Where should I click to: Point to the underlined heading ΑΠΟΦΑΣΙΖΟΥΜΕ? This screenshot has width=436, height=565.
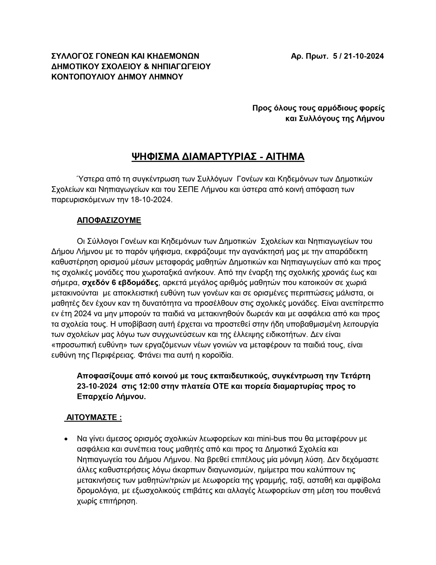[109, 220]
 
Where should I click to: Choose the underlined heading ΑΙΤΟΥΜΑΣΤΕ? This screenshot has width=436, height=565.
[93, 418]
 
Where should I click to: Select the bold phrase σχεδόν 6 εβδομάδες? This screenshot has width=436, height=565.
[120, 283]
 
